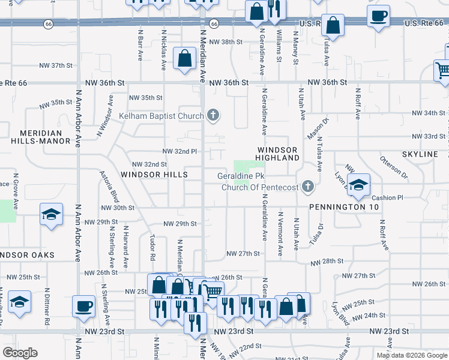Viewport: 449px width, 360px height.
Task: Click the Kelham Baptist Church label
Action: [x=161, y=115]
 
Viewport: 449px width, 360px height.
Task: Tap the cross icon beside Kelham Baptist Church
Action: [x=212, y=115]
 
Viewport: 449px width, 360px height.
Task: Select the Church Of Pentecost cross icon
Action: [x=308, y=187]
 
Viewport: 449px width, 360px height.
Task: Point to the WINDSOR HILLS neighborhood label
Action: [x=154, y=175]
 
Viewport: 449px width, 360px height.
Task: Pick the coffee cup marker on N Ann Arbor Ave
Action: [x=83, y=306]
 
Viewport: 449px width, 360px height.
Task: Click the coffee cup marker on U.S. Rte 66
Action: [x=378, y=16]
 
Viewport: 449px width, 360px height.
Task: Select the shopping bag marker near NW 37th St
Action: [x=184, y=59]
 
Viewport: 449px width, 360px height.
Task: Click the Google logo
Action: [x=20, y=353]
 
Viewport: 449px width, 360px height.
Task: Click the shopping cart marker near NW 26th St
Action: [x=213, y=292]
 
